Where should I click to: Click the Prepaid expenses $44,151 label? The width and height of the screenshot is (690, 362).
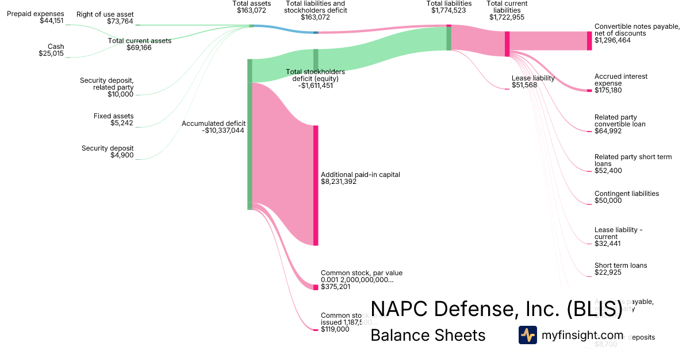click(x=36, y=17)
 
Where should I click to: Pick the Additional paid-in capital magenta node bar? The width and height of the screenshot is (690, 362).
click(x=316, y=185)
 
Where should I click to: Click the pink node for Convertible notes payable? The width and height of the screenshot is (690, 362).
click(x=589, y=41)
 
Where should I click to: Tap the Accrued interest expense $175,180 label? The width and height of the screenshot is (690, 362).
click(x=621, y=83)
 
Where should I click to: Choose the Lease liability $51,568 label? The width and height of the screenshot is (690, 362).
click(x=533, y=82)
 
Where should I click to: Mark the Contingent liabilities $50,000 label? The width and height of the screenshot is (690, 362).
click(x=626, y=197)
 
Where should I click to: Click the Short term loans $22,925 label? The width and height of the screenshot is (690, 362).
click(x=620, y=269)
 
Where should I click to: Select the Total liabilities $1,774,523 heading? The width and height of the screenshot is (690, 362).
click(x=450, y=7)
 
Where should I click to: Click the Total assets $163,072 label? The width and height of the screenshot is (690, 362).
click(x=251, y=7)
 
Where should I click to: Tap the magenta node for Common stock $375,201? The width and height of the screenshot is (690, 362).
click(x=316, y=287)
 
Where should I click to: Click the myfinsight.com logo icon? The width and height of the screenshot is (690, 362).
click(x=527, y=335)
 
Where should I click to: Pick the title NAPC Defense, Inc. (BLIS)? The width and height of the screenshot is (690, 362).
click(x=496, y=309)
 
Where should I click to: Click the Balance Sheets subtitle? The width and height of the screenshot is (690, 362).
click(x=428, y=335)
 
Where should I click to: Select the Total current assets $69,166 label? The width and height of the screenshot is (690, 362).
click(x=140, y=44)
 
